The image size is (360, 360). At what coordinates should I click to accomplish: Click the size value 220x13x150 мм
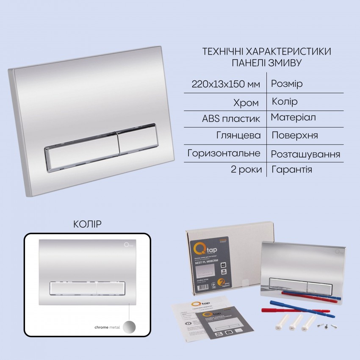(x=226, y=84)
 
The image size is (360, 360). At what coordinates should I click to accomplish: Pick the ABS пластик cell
(x=231, y=118)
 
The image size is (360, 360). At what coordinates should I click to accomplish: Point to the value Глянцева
(x=239, y=136)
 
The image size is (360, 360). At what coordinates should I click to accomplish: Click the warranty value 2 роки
(x=245, y=170)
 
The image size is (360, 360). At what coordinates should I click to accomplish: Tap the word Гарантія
(x=292, y=170)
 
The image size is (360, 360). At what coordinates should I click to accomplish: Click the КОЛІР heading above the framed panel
(x=88, y=223)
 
